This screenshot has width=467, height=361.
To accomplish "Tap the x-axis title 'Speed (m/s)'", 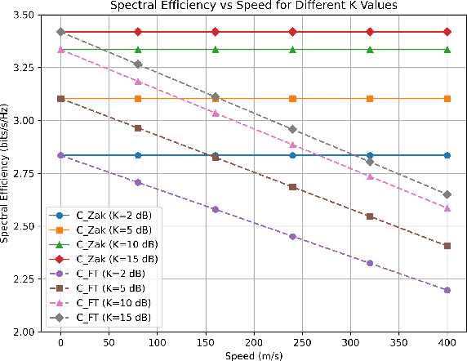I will tap(254, 354).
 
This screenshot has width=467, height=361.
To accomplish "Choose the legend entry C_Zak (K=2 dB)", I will tap(114, 213).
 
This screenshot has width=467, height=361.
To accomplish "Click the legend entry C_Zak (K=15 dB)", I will tap(114, 257).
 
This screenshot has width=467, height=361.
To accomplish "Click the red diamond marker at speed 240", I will tap(292, 32).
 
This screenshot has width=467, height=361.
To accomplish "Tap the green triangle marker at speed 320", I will tap(370, 50).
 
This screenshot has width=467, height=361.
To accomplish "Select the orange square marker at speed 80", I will tap(138, 99).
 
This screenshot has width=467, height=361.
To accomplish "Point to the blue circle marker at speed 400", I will tap(447, 155).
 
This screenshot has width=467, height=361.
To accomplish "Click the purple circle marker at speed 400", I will tap(447, 290).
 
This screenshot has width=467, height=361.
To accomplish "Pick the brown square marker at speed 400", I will tap(447, 246).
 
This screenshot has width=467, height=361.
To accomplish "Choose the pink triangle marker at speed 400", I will tap(447, 208).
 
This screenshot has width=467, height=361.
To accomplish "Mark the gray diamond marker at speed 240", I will tap(292, 129).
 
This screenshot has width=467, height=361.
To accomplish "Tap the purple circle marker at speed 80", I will tap(138, 182).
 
